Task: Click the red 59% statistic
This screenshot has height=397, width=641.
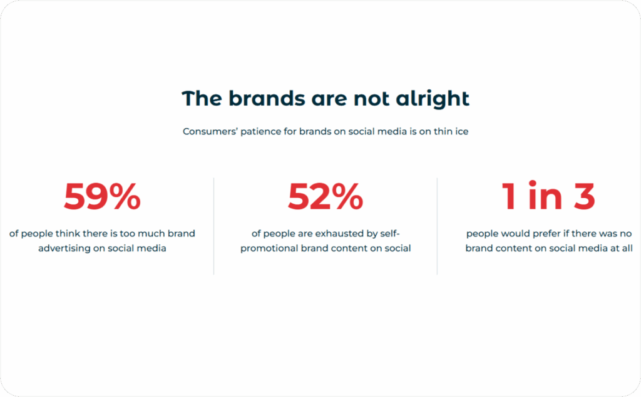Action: point(102,197)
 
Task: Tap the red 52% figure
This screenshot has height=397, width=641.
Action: point(326,197)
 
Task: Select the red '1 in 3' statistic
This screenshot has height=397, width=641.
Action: point(548,197)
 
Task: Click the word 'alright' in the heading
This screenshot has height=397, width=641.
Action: point(433,99)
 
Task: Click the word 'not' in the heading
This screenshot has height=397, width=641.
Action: point(373,99)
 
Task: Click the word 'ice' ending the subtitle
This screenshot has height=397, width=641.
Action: point(461,132)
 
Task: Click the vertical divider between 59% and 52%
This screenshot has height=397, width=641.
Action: point(214,226)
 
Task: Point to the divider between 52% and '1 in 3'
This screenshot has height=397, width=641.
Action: point(437,226)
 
